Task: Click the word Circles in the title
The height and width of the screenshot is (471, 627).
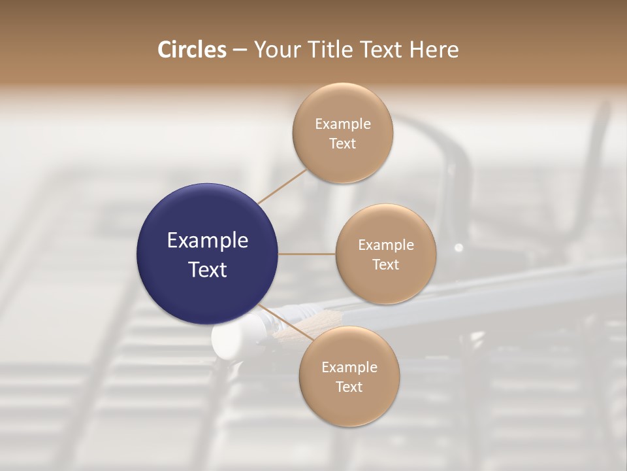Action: pos(192,50)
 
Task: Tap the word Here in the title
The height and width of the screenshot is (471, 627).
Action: pos(434,50)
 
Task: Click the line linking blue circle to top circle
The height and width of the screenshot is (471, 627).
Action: pos(282,186)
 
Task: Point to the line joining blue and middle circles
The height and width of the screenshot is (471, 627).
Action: pos(307,254)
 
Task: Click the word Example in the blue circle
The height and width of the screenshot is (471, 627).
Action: pos(208,241)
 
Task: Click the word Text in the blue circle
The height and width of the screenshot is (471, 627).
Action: pos(208,270)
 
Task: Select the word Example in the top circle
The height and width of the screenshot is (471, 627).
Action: pos(343,124)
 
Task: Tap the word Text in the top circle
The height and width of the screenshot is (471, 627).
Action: pos(343,144)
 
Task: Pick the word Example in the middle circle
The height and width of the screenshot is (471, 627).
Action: pos(386,245)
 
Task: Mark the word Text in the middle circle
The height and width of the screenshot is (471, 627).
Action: pos(386,265)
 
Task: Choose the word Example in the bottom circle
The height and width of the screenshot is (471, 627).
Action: pos(349,368)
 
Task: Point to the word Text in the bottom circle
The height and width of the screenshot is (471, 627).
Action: pos(349,387)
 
